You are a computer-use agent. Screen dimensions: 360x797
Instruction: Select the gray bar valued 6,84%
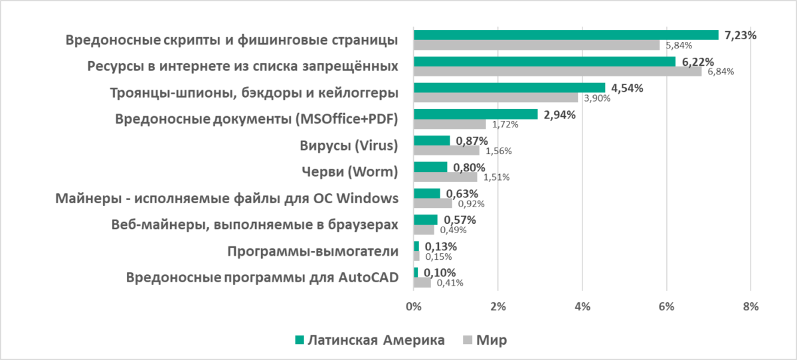[557, 71]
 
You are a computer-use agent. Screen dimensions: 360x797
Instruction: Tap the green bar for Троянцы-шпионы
[509, 88]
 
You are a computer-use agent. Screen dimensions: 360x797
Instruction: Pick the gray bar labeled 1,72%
[450, 124]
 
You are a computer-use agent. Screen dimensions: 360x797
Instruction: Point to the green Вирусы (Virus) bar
[432, 141]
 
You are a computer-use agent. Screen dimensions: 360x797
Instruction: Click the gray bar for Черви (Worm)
[445, 177]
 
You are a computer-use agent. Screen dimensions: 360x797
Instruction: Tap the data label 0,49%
[452, 230]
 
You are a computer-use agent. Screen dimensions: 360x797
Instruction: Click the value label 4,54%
[627, 88]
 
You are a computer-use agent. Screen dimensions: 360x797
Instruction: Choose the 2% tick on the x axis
[497, 306]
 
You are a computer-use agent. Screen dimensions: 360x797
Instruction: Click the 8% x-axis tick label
[751, 306]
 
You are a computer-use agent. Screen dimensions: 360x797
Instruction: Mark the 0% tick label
[413, 306]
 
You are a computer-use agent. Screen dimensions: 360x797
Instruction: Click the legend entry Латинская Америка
[370, 340]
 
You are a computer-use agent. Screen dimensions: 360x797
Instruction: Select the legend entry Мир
[491, 340]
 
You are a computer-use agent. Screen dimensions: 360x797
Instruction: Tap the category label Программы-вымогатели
[312, 251]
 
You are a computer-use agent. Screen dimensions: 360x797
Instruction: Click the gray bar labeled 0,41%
[422, 283]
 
